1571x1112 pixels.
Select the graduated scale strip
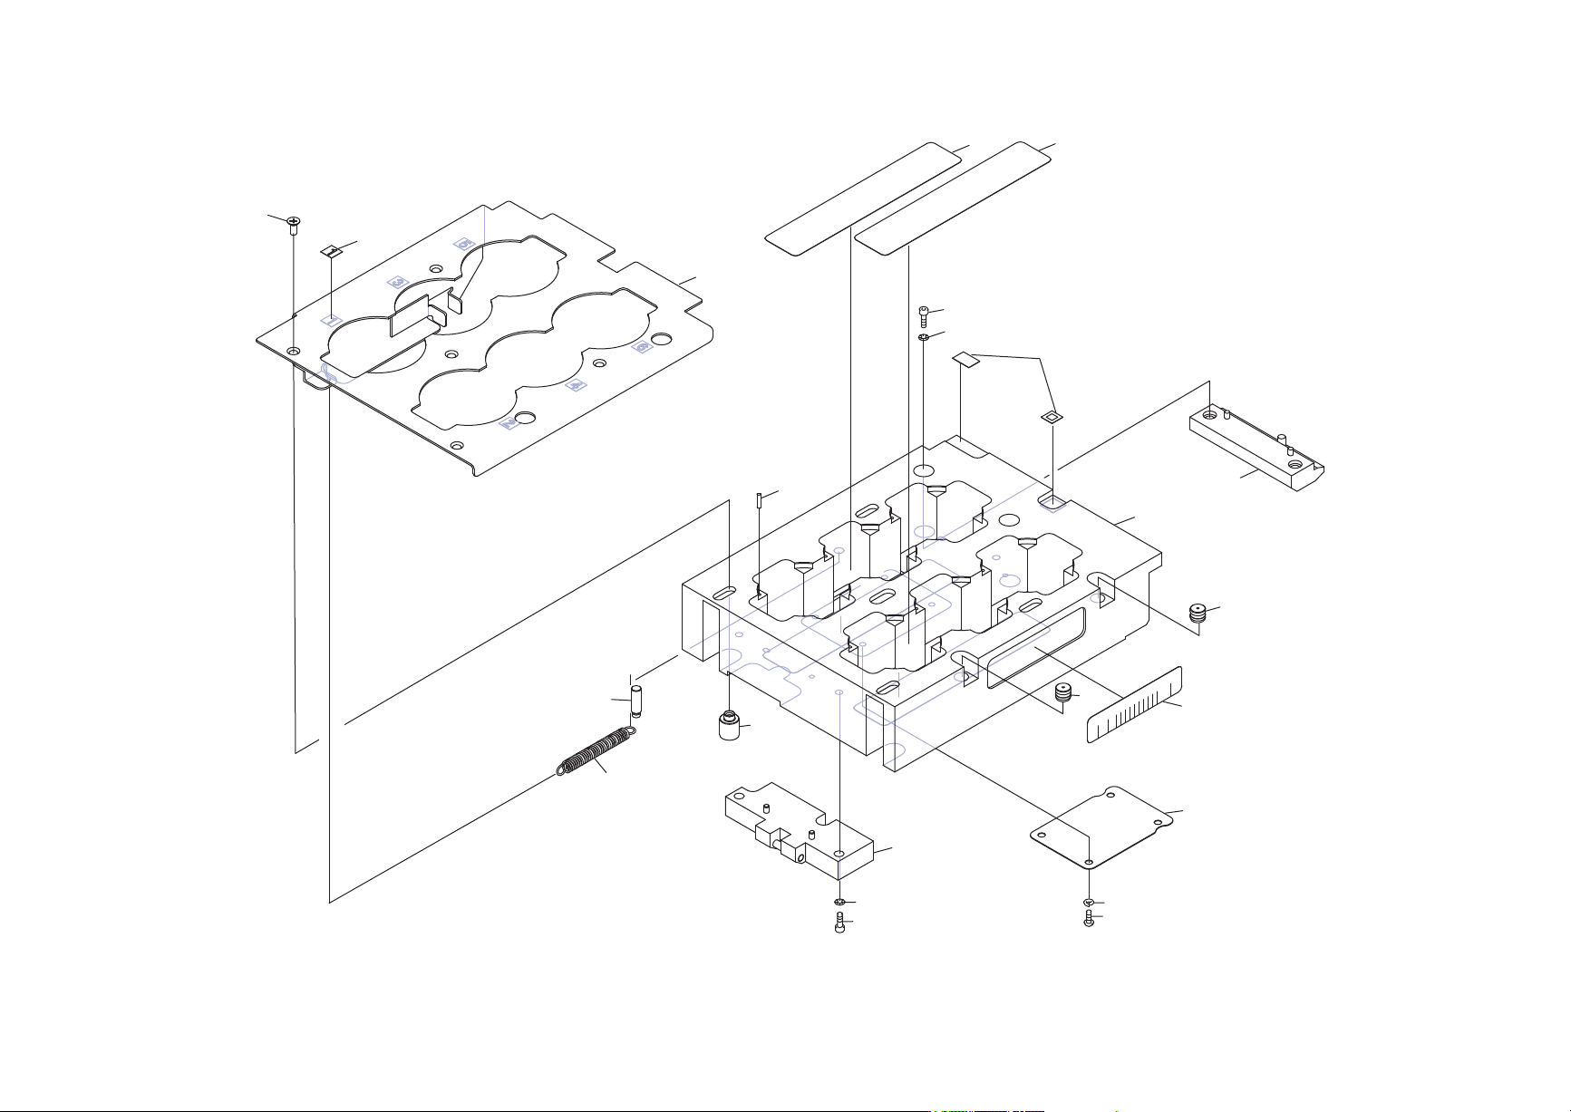[1135, 705]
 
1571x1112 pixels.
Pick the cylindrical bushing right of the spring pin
[730, 726]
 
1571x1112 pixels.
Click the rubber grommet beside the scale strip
[1063, 695]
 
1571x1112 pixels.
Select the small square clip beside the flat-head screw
[332, 249]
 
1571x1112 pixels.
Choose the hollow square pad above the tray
[1051, 417]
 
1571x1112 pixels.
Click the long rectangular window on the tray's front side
[1033, 647]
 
